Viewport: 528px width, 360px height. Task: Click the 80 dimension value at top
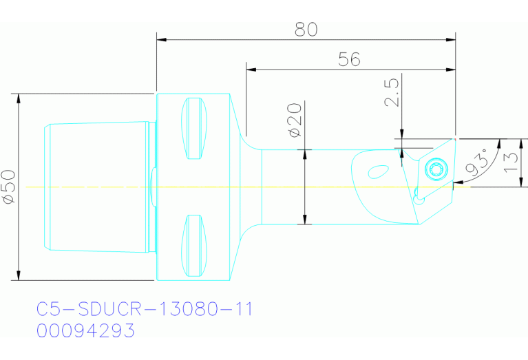coord(306,30)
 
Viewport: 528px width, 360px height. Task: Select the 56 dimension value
coord(350,60)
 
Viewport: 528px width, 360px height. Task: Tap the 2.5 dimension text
coord(391,93)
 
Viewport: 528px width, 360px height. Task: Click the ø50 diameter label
coord(8,187)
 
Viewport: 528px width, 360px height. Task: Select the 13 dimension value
coord(510,162)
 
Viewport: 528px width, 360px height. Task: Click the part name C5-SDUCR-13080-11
coord(145,309)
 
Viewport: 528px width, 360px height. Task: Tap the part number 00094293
coord(85,331)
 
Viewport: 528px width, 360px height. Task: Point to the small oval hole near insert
coord(378,170)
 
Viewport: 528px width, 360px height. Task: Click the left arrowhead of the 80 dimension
coord(160,39)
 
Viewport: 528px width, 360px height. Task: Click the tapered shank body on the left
coord(96,187)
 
